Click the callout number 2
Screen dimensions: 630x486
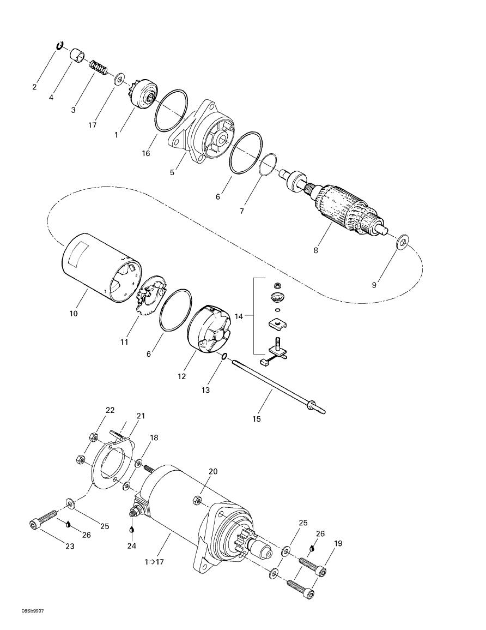(35, 87)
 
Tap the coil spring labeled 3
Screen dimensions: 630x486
(99, 68)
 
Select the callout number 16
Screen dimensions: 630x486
(146, 153)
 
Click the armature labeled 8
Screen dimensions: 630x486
(343, 211)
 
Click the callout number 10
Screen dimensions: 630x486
(74, 314)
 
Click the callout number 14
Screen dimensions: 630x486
(239, 316)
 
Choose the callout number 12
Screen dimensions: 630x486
(182, 376)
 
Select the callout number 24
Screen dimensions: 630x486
(131, 545)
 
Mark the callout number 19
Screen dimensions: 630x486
(338, 543)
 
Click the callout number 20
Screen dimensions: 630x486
(213, 471)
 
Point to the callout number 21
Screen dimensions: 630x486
(141, 416)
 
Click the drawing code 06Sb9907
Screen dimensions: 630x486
(33, 611)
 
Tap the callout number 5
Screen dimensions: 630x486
(172, 172)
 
